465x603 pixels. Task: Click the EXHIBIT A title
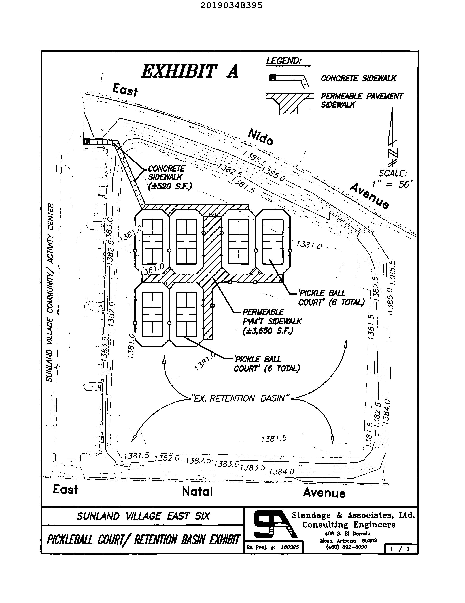pyautogui.click(x=190, y=71)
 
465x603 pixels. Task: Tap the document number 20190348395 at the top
pyautogui.click(x=231, y=5)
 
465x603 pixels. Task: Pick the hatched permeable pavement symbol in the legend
pyautogui.click(x=289, y=102)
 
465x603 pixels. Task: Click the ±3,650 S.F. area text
pyautogui.click(x=268, y=330)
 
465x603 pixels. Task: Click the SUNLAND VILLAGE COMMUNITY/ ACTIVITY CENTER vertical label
pyautogui.click(x=50, y=293)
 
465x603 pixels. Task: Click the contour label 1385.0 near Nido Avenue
pyautogui.click(x=273, y=174)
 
